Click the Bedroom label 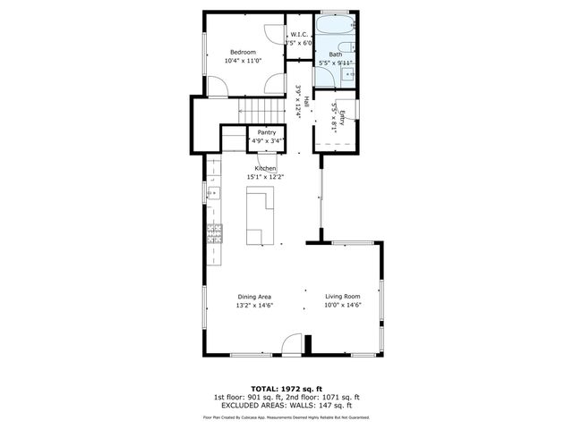pyautogui.click(x=243, y=52)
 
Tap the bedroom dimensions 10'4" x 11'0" pyautogui.click(x=243, y=61)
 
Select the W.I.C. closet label pyautogui.click(x=299, y=35)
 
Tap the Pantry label pyautogui.click(x=267, y=132)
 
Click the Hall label pyautogui.click(x=306, y=102)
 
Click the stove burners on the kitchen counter pyautogui.click(x=215, y=234)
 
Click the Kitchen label pyautogui.click(x=265, y=168)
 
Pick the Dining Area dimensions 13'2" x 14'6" pyautogui.click(x=254, y=306)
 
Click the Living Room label pyautogui.click(x=342, y=297)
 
